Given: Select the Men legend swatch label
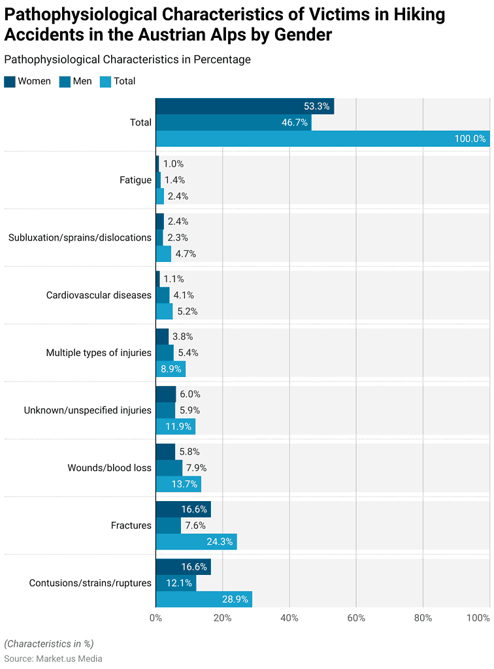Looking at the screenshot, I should tap(77, 81).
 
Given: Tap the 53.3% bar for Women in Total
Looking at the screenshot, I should tap(244, 106).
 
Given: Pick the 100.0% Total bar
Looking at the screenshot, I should tap(322, 139).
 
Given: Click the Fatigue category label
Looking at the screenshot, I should tap(135, 180).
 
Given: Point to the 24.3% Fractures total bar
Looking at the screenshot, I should tap(196, 542).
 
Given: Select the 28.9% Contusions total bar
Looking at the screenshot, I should tap(204, 599).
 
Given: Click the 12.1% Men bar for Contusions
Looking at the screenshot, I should tap(176, 583).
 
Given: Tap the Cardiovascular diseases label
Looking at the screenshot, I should tap(99, 295).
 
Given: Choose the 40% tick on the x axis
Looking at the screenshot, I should tap(289, 618).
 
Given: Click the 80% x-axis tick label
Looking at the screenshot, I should tap(423, 618).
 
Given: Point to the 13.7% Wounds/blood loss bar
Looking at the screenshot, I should tap(178, 484).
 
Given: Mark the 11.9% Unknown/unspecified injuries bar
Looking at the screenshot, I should tap(175, 427).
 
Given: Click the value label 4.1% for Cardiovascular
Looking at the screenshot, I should tap(184, 295).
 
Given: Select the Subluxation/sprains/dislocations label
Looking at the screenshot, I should tap(80, 238).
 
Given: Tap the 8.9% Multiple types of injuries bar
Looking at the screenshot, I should tap(171, 369).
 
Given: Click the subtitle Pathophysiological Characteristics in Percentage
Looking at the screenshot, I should tap(127, 59).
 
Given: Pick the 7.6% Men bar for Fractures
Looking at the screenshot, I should tap(168, 525).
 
